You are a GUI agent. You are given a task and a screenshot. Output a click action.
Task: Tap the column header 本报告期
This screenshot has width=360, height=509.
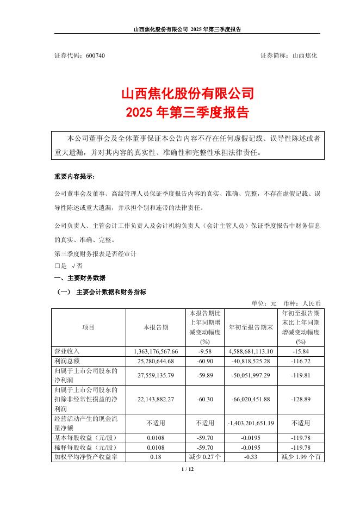(156, 327)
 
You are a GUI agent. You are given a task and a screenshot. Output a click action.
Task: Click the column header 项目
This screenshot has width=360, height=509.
(88, 327)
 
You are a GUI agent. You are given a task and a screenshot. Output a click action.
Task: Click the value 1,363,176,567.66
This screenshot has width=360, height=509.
(156, 351)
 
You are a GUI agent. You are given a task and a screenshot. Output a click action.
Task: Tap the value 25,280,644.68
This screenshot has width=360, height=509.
(156, 361)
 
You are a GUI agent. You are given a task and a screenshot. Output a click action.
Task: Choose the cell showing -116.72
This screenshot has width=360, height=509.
(301, 361)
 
